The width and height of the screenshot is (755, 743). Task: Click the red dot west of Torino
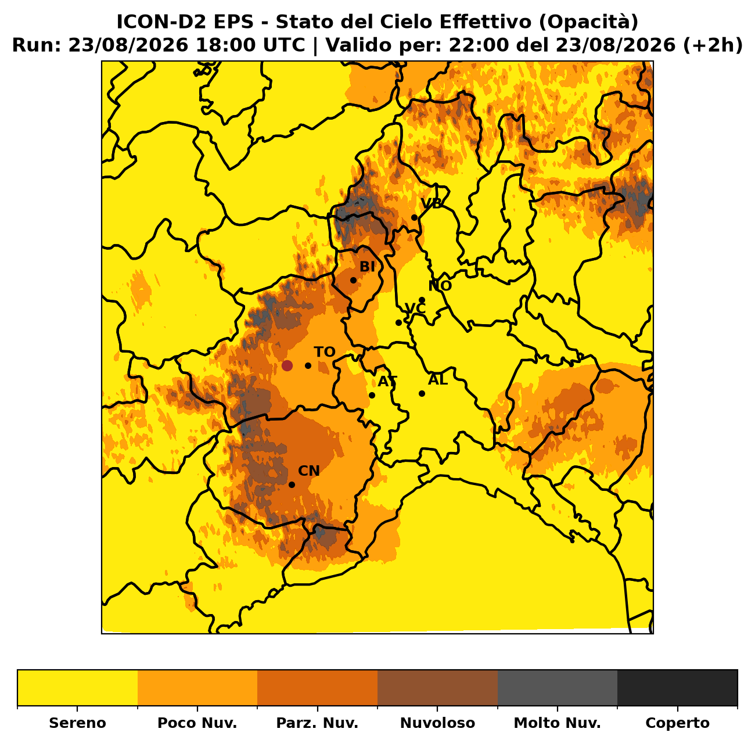coord(287,365)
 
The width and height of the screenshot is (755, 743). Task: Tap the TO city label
coord(325,352)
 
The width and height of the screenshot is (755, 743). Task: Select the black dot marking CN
coord(292,484)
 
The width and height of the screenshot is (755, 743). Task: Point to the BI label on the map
coord(367,267)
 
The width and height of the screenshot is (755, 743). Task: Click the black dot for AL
coord(422,393)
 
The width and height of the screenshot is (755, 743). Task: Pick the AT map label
coord(387,381)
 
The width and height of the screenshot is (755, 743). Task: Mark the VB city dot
coord(414,217)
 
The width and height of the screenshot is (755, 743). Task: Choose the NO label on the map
coord(440,286)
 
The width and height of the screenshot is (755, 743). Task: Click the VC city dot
coord(398,322)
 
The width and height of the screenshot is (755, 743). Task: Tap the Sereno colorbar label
coord(78,723)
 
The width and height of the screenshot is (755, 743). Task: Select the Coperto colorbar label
coord(677,723)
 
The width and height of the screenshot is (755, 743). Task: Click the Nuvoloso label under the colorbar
coord(437,723)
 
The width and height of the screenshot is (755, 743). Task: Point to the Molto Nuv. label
coord(557,723)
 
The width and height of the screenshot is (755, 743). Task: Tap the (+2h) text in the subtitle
coord(713,45)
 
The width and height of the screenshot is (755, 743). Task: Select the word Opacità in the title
coord(588,21)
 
